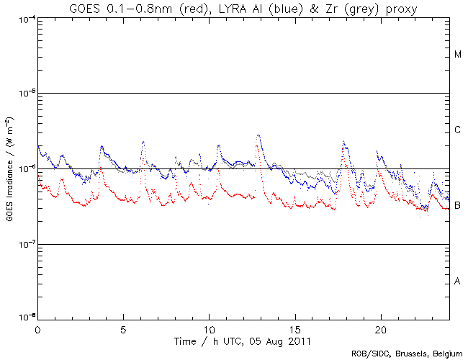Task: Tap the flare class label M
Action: click(x=458, y=55)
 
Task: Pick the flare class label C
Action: click(x=458, y=130)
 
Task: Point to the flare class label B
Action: click(x=458, y=206)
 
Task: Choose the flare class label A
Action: click(x=458, y=282)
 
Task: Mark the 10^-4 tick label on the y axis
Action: click(x=24, y=19)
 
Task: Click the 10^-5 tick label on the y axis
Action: click(x=24, y=94)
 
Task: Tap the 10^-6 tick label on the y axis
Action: click(x=24, y=169)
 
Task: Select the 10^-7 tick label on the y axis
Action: click(x=24, y=245)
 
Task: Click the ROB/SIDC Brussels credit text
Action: click(x=406, y=354)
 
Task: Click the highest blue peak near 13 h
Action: click(x=258, y=135)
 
